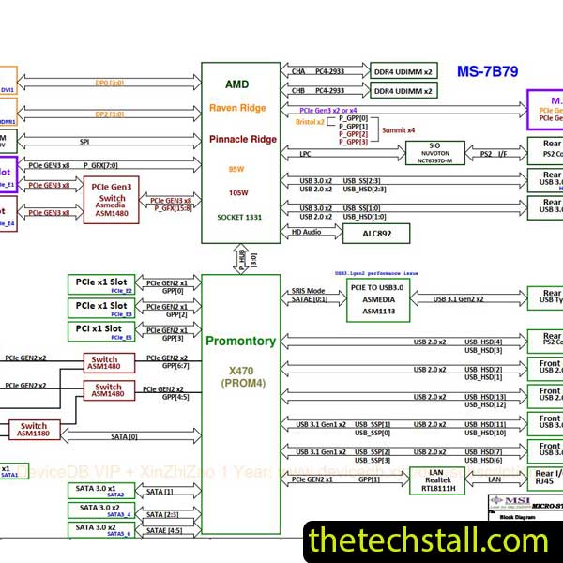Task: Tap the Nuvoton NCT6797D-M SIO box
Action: tap(434, 153)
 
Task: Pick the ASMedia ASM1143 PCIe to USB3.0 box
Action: tap(384, 297)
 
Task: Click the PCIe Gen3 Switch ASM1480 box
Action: tap(111, 200)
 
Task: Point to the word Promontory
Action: tap(240, 341)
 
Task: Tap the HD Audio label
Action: tap(307, 232)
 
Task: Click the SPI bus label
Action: tap(84, 142)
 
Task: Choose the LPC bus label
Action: tap(305, 153)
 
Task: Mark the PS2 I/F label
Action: tap(494, 153)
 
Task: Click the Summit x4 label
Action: tap(398, 130)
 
